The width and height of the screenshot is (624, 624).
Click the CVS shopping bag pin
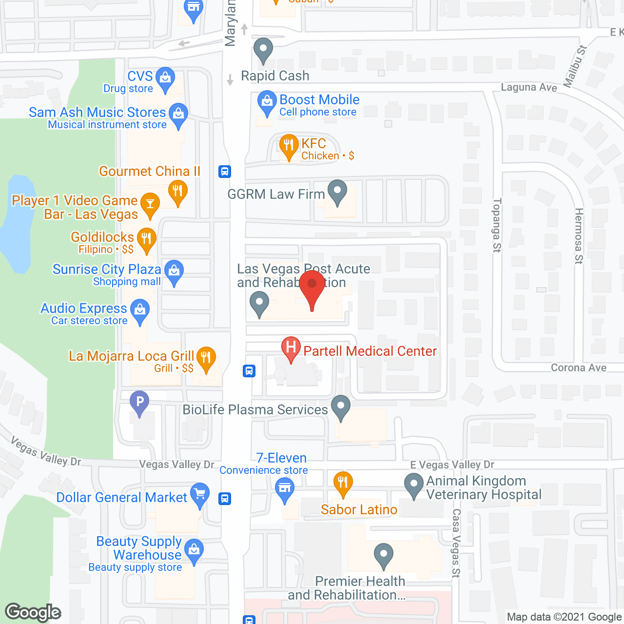click(165, 78)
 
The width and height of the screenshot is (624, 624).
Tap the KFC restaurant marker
click(289, 145)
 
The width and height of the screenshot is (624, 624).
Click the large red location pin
click(312, 286)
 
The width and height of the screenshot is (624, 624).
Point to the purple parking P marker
click(139, 403)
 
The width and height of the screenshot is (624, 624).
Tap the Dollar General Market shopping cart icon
click(200, 494)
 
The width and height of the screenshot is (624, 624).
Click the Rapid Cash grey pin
click(264, 49)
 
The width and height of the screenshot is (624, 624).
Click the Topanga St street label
click(497, 225)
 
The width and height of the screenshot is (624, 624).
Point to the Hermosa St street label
click(579, 236)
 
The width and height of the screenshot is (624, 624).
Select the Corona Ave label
click(579, 368)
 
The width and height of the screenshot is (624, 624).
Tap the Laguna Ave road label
click(529, 87)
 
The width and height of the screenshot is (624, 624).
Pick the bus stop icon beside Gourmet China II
click(225, 172)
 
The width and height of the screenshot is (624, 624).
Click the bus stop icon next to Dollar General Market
click(225, 499)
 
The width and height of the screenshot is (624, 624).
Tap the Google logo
click(33, 612)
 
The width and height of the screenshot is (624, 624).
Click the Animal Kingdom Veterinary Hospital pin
click(414, 485)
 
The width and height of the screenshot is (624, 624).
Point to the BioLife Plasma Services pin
click(341, 406)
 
